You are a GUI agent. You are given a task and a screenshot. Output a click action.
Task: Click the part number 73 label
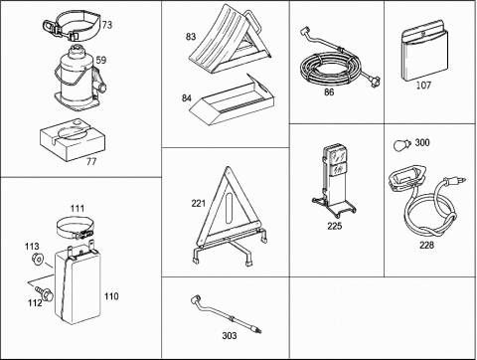pos(107,25)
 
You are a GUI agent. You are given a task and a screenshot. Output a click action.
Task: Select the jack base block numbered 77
pos(73,139)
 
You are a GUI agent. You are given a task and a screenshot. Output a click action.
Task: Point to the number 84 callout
pos(187,98)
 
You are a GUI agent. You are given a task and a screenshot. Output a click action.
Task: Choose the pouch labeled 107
pos(424,52)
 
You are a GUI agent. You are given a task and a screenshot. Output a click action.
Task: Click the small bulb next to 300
pos(401,145)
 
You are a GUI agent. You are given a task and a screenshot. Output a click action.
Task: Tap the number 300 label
pos(422,143)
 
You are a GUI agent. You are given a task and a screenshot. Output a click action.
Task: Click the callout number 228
pos(426,245)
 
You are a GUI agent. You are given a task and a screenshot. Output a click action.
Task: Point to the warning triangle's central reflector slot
pos(230,209)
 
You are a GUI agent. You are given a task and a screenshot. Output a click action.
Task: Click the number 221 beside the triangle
pos(199,203)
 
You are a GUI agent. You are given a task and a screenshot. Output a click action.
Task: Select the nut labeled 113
pos(38,259)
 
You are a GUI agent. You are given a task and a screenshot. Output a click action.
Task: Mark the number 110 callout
pos(111,296)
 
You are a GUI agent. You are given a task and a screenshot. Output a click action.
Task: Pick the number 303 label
pos(230,336)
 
